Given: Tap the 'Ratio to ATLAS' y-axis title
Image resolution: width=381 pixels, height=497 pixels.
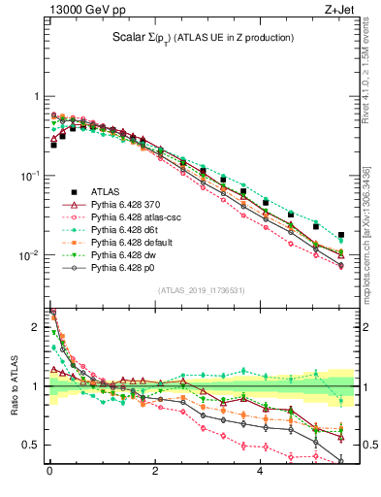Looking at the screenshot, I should point(14,384).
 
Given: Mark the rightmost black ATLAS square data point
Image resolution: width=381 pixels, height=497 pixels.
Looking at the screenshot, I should point(340,235).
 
